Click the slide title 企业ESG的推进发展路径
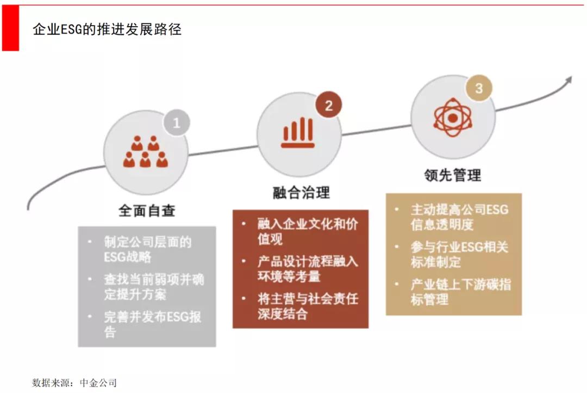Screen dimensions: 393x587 pyautogui.click(x=107, y=29)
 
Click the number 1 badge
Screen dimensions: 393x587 pyautogui.click(x=176, y=123)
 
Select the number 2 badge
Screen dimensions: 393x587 pyautogui.click(x=328, y=106)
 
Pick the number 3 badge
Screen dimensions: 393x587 pyautogui.click(x=478, y=88)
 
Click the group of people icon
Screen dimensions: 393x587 pyautogui.click(x=146, y=152)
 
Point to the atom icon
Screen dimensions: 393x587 pyautogui.click(x=453, y=116)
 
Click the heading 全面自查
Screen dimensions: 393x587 pyautogui.click(x=147, y=211)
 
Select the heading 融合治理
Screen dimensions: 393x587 pyautogui.click(x=301, y=192)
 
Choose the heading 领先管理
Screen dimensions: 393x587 pyautogui.click(x=453, y=175)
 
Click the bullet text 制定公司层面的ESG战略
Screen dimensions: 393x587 pyautogui.click(x=148, y=249)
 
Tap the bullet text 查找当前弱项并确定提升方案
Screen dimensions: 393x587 pyautogui.click(x=153, y=287)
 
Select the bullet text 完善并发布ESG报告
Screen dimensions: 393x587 pyautogui.click(x=152, y=324)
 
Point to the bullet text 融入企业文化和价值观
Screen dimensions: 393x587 pyautogui.click(x=307, y=231)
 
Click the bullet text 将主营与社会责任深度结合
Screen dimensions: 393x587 pyautogui.click(x=307, y=306)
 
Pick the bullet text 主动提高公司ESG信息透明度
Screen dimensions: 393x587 pyautogui.click(x=459, y=216)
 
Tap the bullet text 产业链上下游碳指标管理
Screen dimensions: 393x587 pyautogui.click(x=460, y=291)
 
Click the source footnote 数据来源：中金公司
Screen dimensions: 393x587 pyautogui.click(x=74, y=383)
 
